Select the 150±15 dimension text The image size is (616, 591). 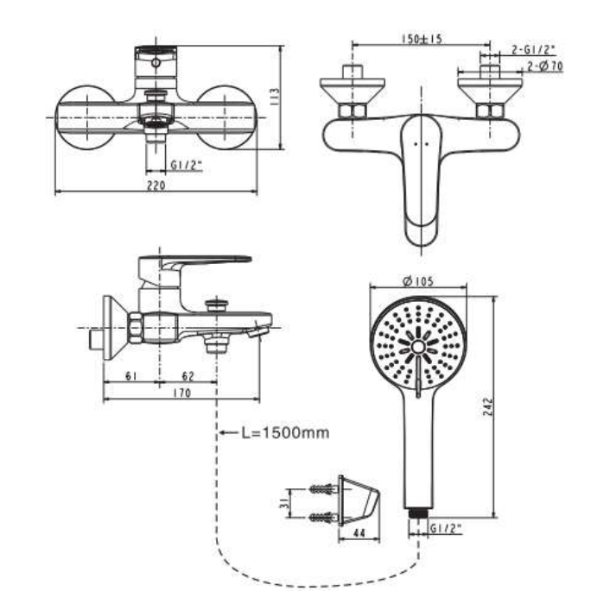[422, 39]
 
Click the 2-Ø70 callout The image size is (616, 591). [545, 66]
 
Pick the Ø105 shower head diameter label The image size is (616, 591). [418, 280]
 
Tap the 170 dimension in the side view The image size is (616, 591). [181, 394]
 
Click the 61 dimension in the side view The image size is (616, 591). [130, 376]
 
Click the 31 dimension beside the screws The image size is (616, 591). [291, 503]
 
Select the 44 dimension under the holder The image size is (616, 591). [358, 535]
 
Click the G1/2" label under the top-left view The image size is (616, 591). [187, 163]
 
